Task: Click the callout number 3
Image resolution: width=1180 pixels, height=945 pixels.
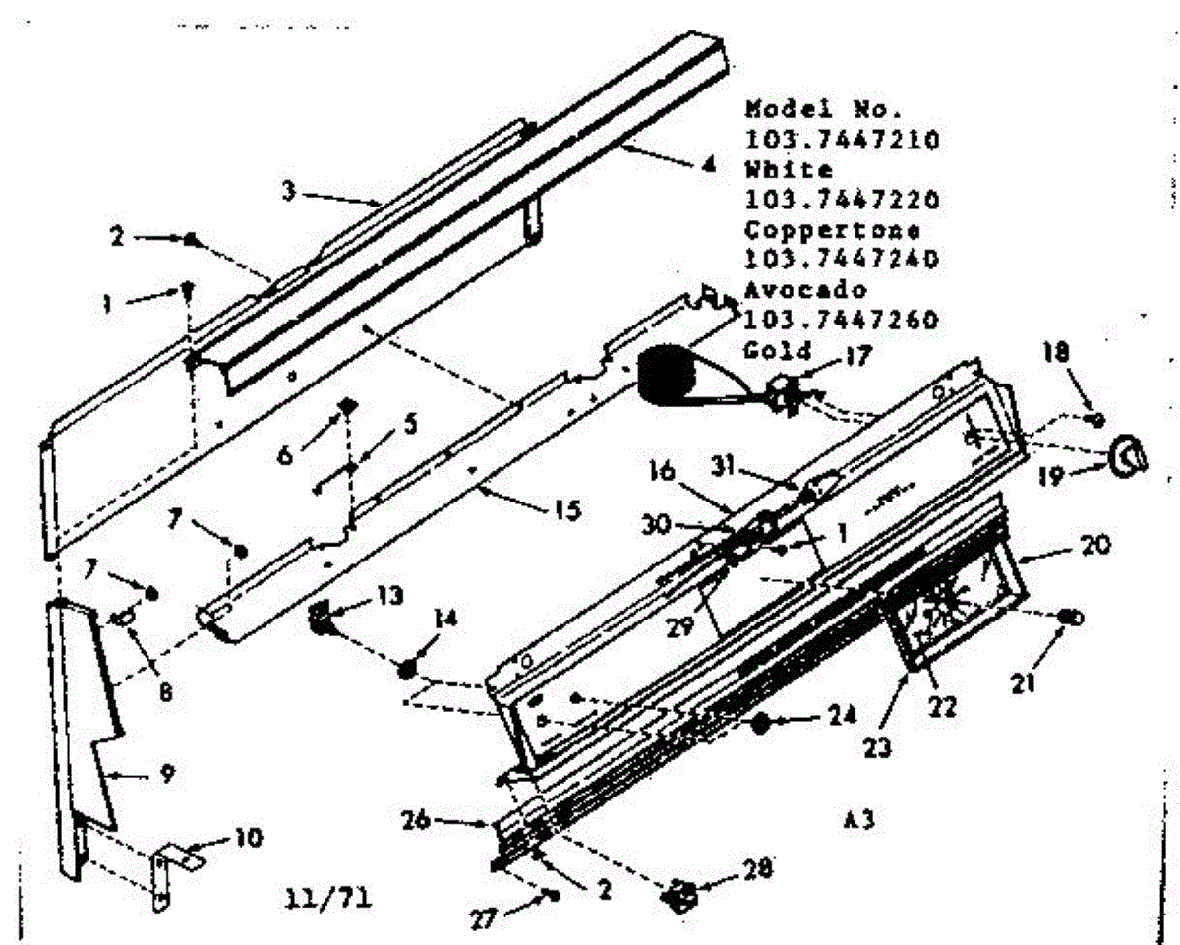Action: point(289,192)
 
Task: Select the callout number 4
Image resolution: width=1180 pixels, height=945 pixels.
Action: point(708,165)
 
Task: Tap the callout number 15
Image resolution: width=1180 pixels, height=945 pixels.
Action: point(567,509)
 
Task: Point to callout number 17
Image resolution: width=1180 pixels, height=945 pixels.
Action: point(859,355)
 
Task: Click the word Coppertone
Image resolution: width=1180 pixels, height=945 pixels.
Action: point(832,230)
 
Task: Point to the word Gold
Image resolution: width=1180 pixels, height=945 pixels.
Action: point(778,349)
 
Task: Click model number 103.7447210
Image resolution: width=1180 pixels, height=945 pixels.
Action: point(842,139)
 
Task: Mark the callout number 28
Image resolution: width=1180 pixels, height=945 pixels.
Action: point(758,868)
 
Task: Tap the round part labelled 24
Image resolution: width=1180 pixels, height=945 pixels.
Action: point(760,723)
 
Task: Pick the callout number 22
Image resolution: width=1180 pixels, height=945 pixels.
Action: point(944,708)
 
